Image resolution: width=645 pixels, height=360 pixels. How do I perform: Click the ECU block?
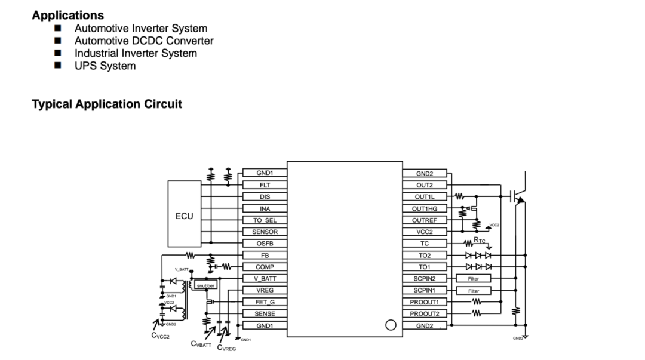pyautogui.click(x=184, y=214)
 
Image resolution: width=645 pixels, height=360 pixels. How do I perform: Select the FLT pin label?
pyautogui.click(x=265, y=185)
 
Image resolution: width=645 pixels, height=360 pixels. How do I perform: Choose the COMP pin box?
pyautogui.click(x=265, y=267)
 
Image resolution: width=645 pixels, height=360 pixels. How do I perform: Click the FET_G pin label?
pyautogui.click(x=265, y=302)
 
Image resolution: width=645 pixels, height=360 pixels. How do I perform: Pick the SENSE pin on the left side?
pyautogui.click(x=265, y=313)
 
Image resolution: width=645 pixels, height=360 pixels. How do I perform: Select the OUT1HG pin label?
pyautogui.click(x=425, y=208)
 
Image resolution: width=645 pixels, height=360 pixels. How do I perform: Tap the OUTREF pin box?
pyautogui.click(x=425, y=220)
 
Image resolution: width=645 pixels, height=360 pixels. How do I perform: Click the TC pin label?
pyautogui.click(x=425, y=244)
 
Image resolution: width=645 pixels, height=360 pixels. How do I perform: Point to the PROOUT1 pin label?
pyautogui.click(x=425, y=302)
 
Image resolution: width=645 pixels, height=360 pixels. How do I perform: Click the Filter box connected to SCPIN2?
pyautogui.click(x=473, y=279)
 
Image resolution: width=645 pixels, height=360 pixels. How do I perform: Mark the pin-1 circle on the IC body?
pyautogui.click(x=391, y=325)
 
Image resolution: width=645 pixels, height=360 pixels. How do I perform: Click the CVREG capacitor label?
pyautogui.click(x=226, y=348)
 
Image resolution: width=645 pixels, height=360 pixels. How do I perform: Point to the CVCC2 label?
pyautogui.click(x=161, y=337)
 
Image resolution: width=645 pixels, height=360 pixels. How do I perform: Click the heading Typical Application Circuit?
pyautogui.click(x=107, y=104)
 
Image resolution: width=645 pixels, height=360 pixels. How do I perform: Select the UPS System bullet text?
pyautogui.click(x=105, y=66)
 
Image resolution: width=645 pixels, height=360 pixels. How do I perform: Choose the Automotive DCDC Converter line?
pyautogui.click(x=143, y=41)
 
